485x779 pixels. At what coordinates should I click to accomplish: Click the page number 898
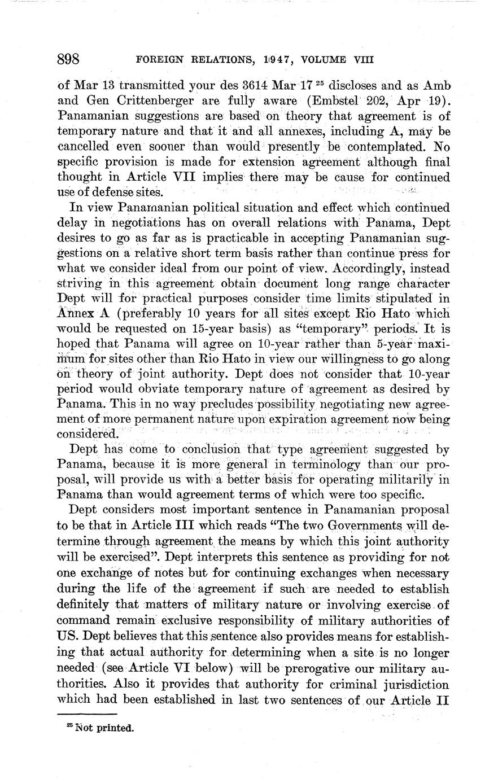tap(70, 59)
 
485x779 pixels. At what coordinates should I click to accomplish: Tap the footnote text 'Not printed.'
tap(102, 728)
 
